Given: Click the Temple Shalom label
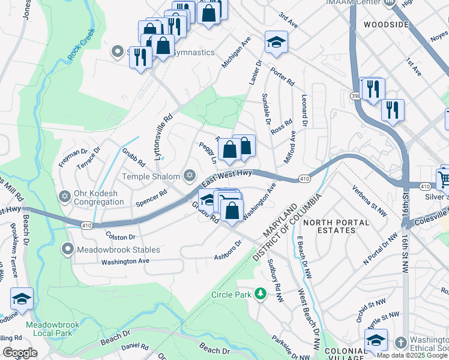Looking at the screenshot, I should point(151,176).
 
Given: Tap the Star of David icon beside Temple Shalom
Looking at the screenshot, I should point(190,175).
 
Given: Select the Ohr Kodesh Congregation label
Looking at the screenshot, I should point(99,197).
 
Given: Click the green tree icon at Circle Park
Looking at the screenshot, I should point(260,294).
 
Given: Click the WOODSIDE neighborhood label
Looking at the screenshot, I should point(386,25).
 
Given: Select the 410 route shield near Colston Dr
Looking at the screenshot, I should point(86,224).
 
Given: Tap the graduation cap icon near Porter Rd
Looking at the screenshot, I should point(276,43).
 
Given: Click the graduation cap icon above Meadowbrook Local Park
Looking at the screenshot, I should point(22,299).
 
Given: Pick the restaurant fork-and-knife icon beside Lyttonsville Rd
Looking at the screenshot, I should point(140,58).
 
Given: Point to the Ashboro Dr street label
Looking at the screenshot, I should point(228,251).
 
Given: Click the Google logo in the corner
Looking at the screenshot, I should point(20,352).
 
